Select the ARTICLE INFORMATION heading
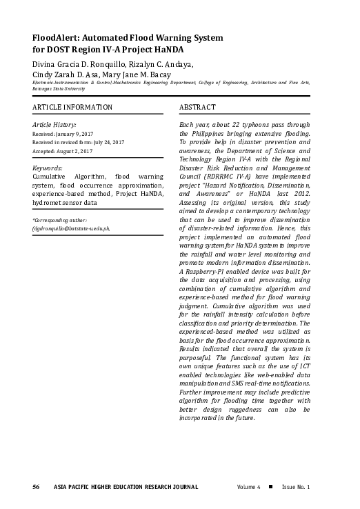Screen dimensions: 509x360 pos(72,108)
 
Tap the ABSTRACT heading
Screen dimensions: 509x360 pos(197,108)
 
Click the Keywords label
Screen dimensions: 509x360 pos(48,168)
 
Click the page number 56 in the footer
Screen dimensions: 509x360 pos(35,488)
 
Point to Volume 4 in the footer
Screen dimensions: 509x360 pos(248,488)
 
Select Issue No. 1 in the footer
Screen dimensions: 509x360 pos(295,488)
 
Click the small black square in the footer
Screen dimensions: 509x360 pos(270,487)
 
